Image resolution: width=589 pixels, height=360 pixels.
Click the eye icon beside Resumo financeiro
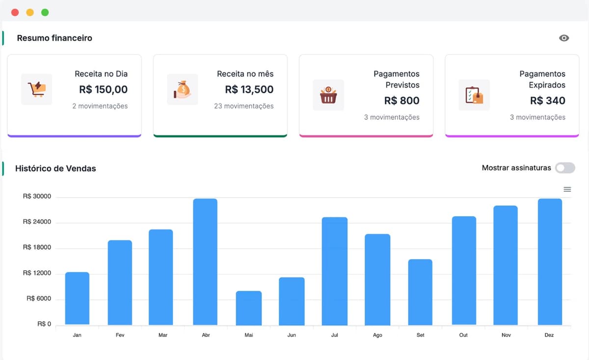click(x=564, y=38)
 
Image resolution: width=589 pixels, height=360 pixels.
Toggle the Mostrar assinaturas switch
click(x=564, y=168)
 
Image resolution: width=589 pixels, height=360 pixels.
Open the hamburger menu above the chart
click(x=567, y=189)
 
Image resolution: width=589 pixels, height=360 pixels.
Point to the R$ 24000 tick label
click(x=37, y=222)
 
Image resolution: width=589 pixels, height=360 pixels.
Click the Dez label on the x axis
click(x=549, y=335)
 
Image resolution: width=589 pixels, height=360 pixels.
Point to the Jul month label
click(x=335, y=335)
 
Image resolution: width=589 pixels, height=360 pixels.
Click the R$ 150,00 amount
click(x=103, y=90)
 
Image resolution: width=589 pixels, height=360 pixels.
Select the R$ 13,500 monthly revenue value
click(x=249, y=90)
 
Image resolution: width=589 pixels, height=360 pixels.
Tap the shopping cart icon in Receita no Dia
click(x=37, y=89)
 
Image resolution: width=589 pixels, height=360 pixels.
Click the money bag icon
click(x=182, y=89)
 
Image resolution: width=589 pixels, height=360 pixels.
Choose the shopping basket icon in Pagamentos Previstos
click(x=328, y=95)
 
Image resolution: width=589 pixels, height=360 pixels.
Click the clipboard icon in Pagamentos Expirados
click(x=474, y=95)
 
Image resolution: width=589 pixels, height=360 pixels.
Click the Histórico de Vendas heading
click(x=55, y=168)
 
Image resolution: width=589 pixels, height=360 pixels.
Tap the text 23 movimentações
click(x=243, y=106)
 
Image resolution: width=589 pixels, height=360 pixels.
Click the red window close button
click(x=15, y=12)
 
